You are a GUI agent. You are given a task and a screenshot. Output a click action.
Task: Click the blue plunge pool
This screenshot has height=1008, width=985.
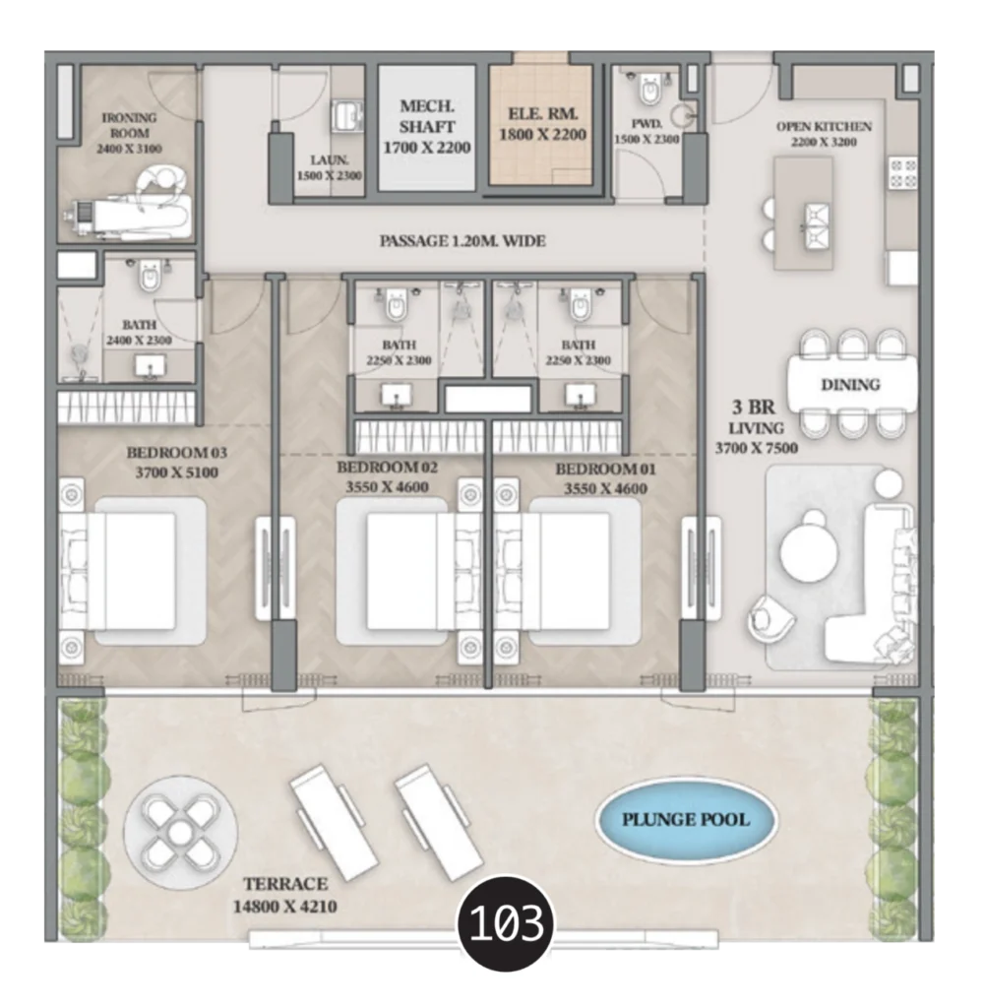[686, 819]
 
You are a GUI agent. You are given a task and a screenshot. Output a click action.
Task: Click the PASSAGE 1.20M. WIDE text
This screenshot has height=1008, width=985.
[462, 241]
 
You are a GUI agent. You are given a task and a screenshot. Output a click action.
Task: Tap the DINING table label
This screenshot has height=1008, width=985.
[850, 385]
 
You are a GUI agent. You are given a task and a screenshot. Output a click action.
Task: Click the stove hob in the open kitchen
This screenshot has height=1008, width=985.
[902, 173]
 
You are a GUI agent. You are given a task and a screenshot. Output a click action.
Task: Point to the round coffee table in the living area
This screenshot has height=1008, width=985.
[810, 551]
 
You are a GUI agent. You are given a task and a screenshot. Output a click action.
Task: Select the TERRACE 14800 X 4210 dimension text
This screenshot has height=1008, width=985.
[285, 895]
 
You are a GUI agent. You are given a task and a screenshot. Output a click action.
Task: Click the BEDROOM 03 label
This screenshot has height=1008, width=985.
[177, 453]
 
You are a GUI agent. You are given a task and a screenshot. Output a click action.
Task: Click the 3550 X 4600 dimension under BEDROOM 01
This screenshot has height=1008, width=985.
[605, 488]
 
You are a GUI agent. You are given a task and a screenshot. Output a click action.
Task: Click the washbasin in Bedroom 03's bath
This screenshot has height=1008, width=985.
[151, 366]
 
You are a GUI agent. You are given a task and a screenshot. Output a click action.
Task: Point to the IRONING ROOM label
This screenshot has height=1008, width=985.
[129, 125]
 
